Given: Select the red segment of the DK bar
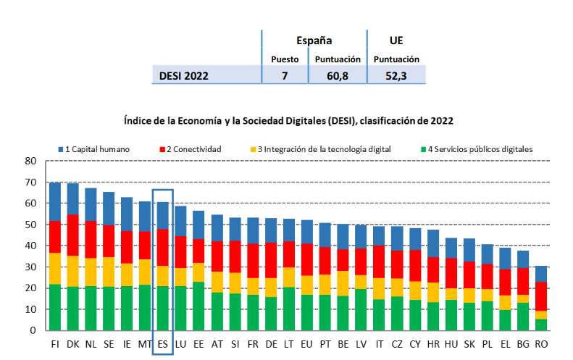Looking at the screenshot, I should tap(73, 235).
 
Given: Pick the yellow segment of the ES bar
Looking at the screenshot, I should tap(163, 276).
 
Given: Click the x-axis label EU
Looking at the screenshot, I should tap(306, 345).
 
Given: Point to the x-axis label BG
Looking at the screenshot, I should tap(522, 345).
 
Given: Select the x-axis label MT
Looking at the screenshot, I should tap(145, 345).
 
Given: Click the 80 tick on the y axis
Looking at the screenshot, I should tap(30, 161).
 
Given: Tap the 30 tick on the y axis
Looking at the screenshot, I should tap(30, 267).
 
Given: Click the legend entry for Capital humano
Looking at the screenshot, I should tap(98, 149).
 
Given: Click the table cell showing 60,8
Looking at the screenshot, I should tap(338, 75).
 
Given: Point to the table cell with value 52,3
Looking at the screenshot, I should tap(396, 75).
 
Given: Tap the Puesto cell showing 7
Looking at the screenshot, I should tap(285, 75).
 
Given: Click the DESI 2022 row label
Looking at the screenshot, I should tap(184, 75).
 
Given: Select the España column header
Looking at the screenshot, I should tap(314, 41).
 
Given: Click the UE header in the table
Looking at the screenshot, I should tap(396, 41).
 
